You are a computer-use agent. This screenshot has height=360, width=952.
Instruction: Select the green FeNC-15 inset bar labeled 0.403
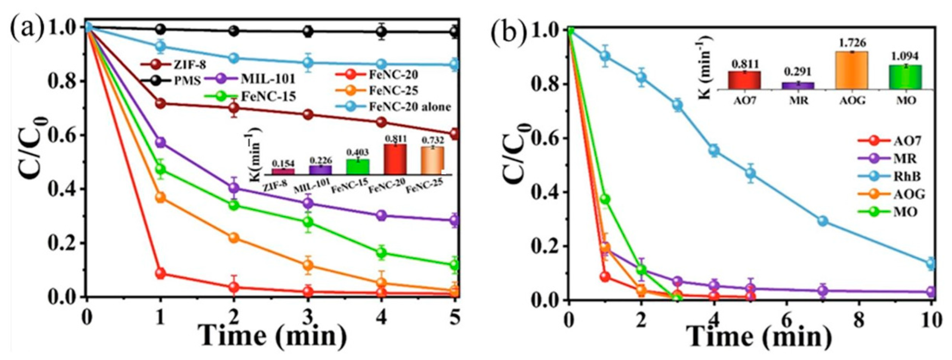[357, 167]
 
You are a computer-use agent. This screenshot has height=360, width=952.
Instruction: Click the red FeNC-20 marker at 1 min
[160, 274]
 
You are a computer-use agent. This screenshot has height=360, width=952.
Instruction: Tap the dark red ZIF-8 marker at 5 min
[455, 133]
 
